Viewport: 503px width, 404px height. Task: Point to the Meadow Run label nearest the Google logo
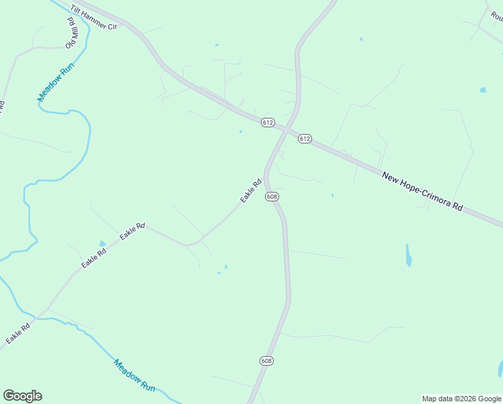pyautogui.click(x=134, y=375)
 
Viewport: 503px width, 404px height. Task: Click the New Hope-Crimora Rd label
pyautogui.click(x=422, y=192)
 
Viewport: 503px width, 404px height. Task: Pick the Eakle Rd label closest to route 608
pyautogui.click(x=251, y=191)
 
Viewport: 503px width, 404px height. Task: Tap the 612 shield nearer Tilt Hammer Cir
pyautogui.click(x=268, y=122)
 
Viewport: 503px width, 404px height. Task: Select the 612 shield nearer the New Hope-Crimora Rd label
pyautogui.click(x=305, y=139)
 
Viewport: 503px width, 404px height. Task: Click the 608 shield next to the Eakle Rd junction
pyautogui.click(x=272, y=197)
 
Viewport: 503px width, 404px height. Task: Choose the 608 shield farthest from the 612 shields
pyautogui.click(x=266, y=361)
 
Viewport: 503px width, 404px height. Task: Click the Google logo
pyautogui.click(x=22, y=396)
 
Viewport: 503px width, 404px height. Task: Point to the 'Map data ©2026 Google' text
pyautogui.click(x=461, y=399)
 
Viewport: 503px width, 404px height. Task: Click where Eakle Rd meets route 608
pyautogui.click(x=266, y=176)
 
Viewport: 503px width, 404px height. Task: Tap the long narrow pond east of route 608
pyautogui.click(x=409, y=255)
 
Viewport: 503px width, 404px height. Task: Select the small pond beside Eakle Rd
pyautogui.click(x=102, y=244)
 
